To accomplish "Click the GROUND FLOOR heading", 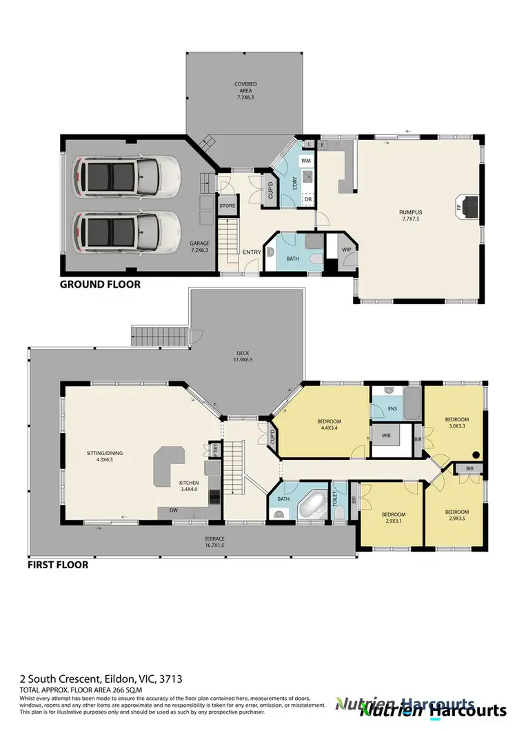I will pos(100,283).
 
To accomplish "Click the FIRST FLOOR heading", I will pos(58,564).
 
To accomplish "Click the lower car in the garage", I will pos(128,228).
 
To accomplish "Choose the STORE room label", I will pos(227,206).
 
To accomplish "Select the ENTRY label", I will pos(252,252).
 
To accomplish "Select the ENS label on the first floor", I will pos(392,410).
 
